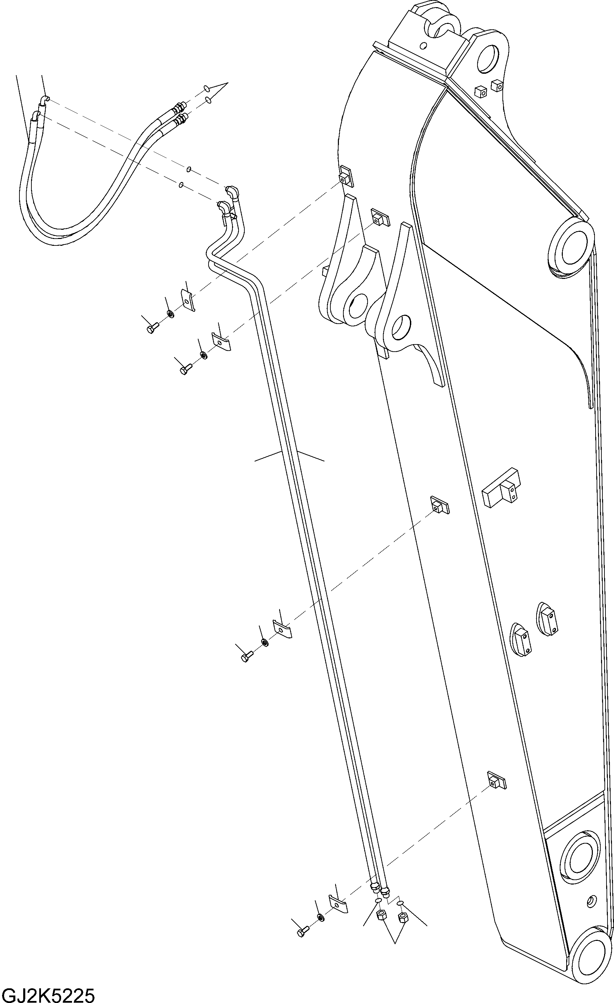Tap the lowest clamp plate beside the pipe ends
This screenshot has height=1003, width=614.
(338, 904)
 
